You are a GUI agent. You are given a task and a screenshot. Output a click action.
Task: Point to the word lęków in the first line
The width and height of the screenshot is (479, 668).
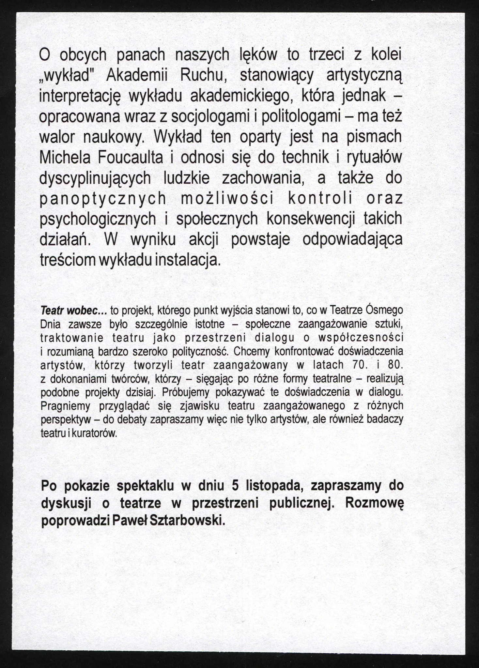258,55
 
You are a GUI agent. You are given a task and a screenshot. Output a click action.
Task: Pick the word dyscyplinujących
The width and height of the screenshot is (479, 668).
95,178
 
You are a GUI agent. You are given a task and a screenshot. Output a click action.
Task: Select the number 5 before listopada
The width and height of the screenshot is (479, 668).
235,486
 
